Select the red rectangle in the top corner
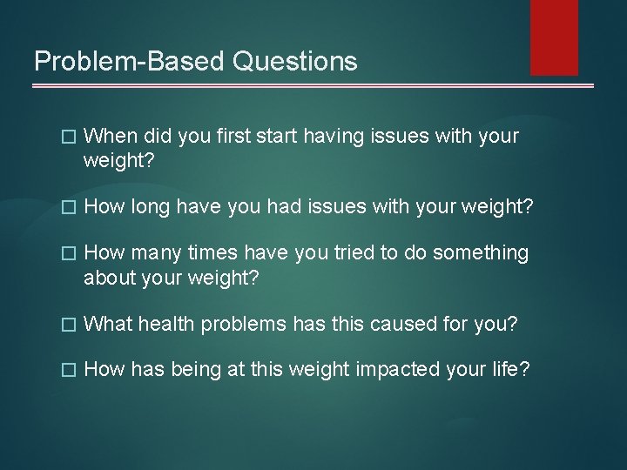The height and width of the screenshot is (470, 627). (555, 37)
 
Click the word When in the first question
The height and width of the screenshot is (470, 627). (111, 137)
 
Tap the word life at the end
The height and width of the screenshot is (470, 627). (506, 370)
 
